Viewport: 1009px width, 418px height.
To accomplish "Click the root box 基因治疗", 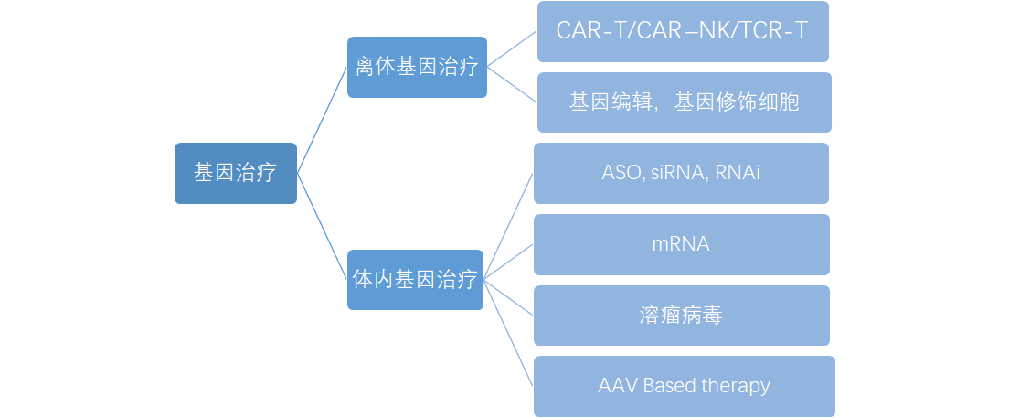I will pos(235,173).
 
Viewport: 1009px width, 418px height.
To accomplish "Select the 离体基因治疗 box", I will pos(417,67).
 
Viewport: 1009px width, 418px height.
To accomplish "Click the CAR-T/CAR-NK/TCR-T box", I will pos(682,31).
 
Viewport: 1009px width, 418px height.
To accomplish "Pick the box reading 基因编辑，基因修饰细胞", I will pos(684,102).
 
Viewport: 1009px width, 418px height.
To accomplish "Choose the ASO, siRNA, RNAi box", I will pos(681,173).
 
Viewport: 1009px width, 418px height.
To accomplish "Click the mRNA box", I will pos(681,244).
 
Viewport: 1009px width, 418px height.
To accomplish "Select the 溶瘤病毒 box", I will pos(681,316).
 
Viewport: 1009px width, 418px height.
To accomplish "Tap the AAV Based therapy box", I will pos(684,386).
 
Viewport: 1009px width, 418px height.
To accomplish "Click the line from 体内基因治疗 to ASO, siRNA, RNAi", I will pos(508,225).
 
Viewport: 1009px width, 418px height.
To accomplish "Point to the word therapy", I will pos(736,386).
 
